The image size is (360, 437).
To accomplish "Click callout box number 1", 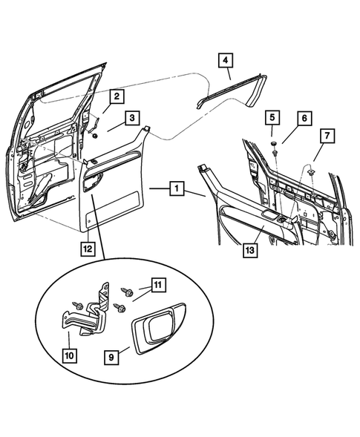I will pos(176,189).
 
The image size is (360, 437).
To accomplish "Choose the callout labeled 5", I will pos(272,117).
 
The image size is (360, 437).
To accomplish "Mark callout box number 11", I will pos(158,284).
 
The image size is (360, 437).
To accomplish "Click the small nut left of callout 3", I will pos(96,135).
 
